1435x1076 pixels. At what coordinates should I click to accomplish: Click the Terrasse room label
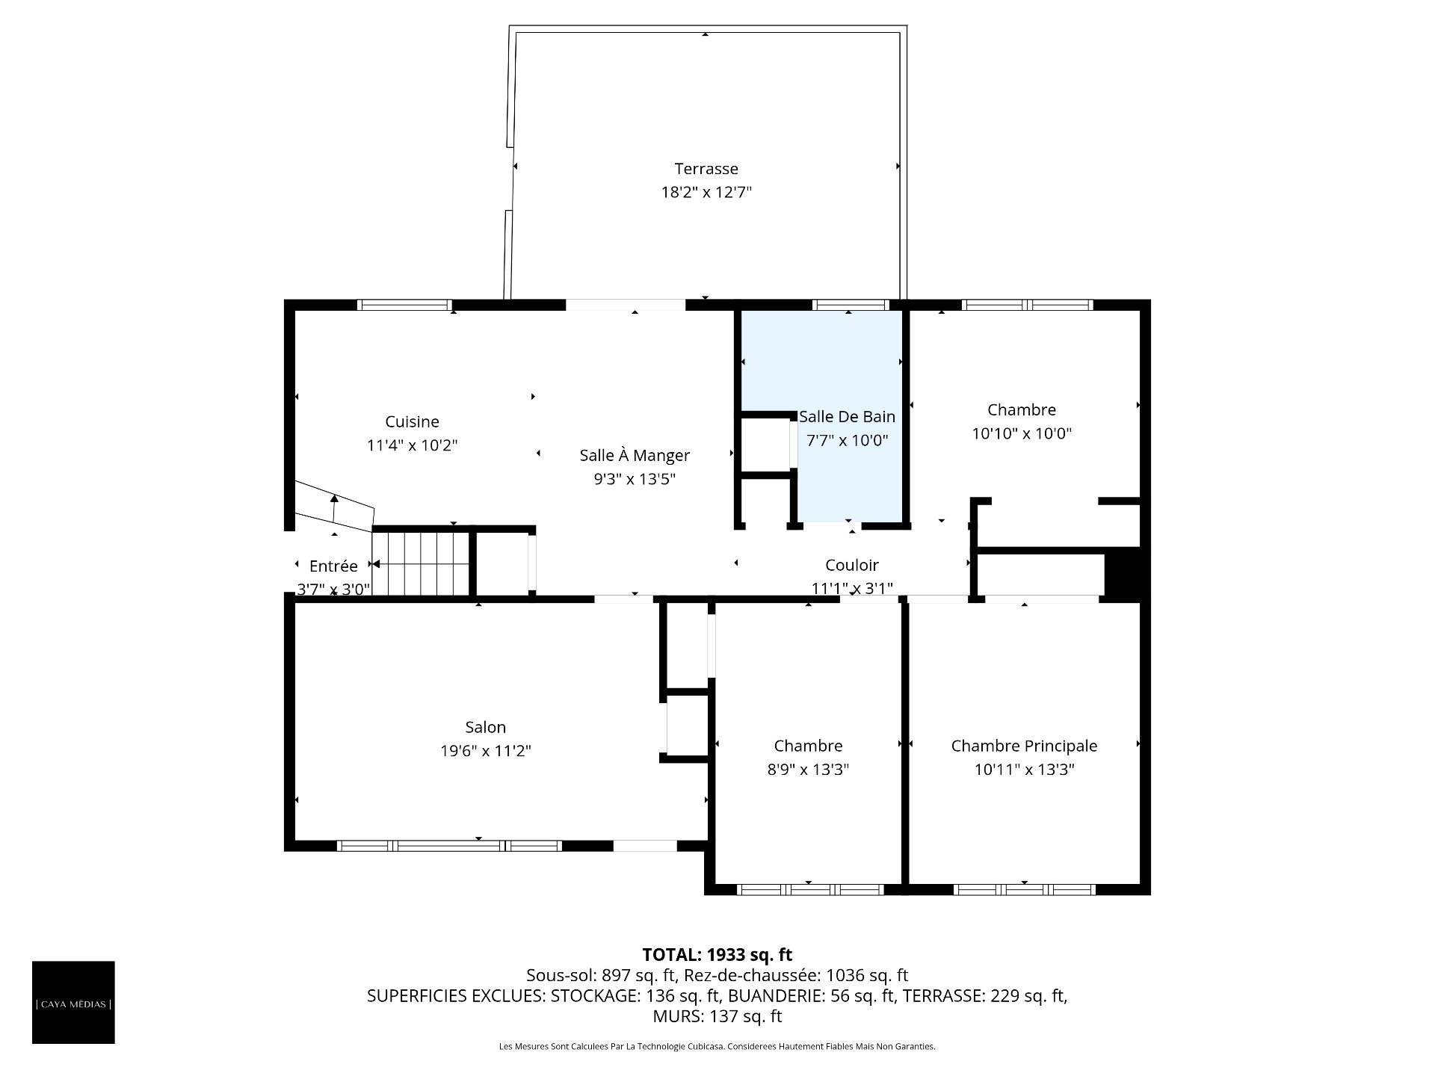tap(706, 169)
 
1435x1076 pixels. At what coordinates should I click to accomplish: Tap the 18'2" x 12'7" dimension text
tap(706, 192)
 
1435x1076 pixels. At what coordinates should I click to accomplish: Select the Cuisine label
tap(412, 421)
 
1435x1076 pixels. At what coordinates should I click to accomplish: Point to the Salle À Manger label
tap(635, 455)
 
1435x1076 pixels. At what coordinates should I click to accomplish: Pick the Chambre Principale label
tap(1024, 746)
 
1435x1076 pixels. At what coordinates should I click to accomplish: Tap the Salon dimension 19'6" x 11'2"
tap(486, 750)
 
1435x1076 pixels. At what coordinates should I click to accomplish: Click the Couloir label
tap(852, 565)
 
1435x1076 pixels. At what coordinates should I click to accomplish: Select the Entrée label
tap(333, 566)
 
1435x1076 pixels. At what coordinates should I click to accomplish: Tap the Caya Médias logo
tap(73, 1002)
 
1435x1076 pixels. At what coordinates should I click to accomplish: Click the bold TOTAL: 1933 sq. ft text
tap(717, 954)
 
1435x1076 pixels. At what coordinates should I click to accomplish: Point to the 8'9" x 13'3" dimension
tap(808, 769)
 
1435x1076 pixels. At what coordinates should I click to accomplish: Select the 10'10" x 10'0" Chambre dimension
tap(1022, 433)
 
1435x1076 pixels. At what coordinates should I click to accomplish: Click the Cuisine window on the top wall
tap(404, 305)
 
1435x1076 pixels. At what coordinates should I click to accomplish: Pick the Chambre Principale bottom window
tap(1024, 889)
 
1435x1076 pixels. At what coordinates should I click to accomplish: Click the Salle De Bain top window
tap(851, 305)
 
